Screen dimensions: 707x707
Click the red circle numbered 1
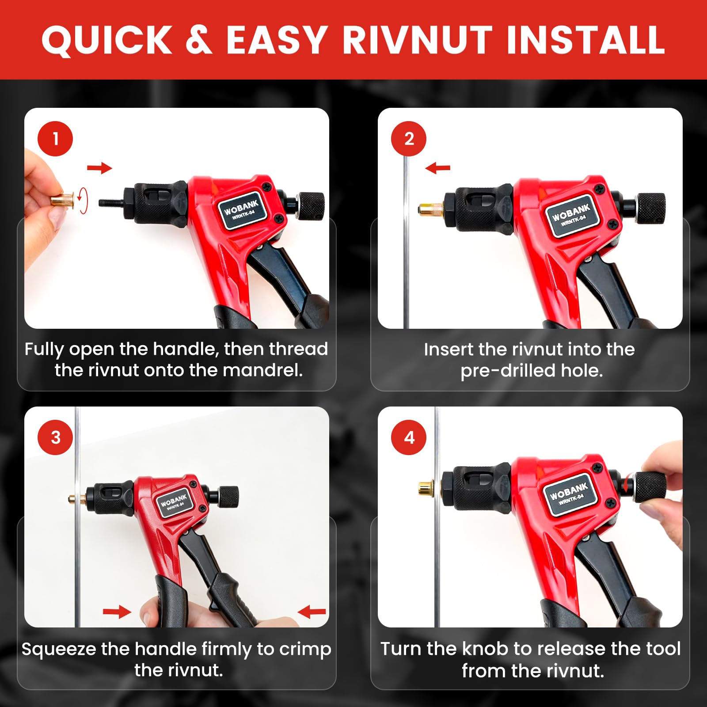click(55, 139)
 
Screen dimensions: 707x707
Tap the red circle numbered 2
click(409, 139)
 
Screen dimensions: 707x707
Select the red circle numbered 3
click(55, 437)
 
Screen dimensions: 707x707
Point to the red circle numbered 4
click(409, 437)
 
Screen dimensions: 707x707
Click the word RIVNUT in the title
click(417, 40)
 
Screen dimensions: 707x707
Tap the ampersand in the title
click(199, 40)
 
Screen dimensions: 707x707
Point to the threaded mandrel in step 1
click(111, 203)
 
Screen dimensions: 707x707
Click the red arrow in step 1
click(99, 168)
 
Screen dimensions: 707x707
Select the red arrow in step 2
click(437, 168)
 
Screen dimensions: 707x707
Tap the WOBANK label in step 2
click(571, 215)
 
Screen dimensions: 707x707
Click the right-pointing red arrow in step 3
click(117, 612)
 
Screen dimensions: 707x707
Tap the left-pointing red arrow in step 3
click(312, 612)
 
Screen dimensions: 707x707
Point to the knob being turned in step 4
click(650, 486)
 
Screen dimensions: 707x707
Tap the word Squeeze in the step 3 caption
click(59, 650)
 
